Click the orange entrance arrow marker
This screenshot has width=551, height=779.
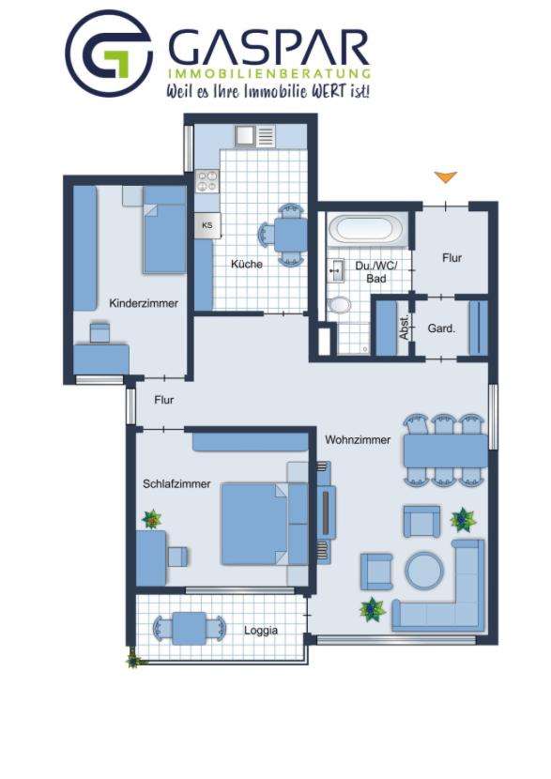[x=445, y=176]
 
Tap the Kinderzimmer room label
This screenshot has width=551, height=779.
[x=144, y=303]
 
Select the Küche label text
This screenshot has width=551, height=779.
[x=247, y=264]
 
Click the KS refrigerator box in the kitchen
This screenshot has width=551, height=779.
[x=207, y=225]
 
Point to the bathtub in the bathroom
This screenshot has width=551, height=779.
[x=365, y=229]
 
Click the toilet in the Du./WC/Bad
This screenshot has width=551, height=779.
[x=340, y=304]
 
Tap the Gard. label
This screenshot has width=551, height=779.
[x=441, y=328]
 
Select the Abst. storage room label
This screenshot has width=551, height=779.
[x=405, y=326]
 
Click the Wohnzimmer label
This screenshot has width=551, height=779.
[x=358, y=438]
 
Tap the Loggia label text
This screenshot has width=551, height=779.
[x=261, y=630]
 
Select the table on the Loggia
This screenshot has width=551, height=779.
[x=189, y=628]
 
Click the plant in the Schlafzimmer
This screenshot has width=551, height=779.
[x=151, y=519]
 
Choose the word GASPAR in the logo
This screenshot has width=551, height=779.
[x=268, y=47]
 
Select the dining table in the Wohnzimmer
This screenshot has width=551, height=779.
[x=445, y=451]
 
